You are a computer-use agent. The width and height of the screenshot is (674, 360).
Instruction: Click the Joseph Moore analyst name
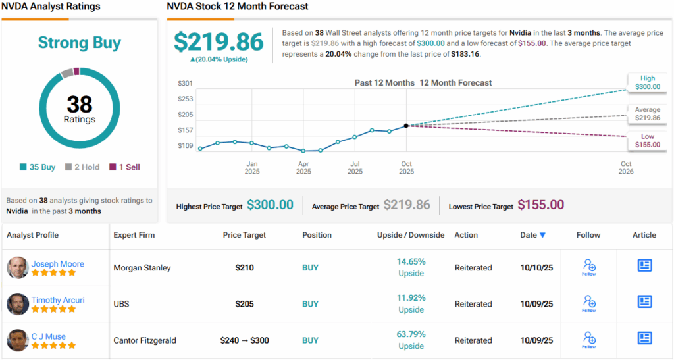tap(58, 264)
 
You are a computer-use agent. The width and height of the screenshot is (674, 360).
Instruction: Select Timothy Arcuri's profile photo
tap(18, 304)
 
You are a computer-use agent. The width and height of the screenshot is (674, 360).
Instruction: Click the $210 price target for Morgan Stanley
tap(245, 268)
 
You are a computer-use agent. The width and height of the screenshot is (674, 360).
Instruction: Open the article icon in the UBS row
tap(644, 302)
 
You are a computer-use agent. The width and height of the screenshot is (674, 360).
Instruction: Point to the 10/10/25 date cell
tap(536, 268)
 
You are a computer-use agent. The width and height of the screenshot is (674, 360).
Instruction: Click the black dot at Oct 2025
tap(406, 125)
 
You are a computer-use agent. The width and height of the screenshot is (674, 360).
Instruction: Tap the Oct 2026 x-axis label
tap(626, 168)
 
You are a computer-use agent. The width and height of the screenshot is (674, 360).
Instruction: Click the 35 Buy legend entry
tap(38, 167)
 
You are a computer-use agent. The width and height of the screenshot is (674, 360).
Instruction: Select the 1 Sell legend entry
tap(124, 167)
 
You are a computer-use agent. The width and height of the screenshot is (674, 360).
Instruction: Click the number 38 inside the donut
tap(80, 104)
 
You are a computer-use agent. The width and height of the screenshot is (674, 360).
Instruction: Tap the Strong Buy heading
tap(80, 43)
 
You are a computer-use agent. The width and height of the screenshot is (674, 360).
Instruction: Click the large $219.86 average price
tap(219, 41)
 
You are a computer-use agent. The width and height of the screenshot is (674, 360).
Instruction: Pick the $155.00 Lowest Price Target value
tap(540, 205)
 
